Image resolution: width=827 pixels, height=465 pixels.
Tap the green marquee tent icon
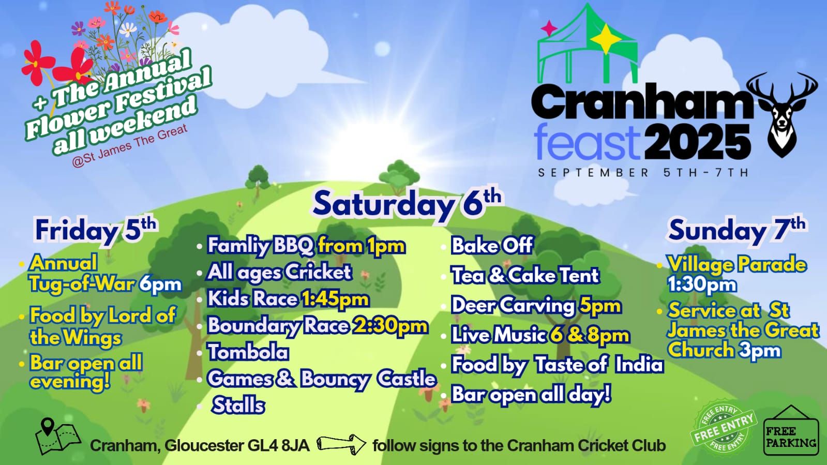coord(588,44)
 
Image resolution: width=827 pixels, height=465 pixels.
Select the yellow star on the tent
coord(606,39)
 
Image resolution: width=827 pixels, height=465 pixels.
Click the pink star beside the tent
coord(549,28)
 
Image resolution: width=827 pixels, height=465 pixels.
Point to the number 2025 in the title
coord(698,142)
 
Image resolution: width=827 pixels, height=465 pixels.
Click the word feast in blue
coord(587,142)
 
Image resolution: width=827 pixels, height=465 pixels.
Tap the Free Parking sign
coord(791,431)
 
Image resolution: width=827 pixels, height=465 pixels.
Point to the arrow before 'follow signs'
coord(341,444)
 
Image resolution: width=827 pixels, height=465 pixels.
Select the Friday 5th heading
coord(96,230)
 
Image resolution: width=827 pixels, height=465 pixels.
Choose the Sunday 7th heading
coord(736,230)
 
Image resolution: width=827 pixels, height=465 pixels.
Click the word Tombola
coord(248,352)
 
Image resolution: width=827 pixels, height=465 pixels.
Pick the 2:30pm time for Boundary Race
coord(390,326)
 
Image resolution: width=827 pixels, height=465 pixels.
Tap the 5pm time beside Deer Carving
coord(600,306)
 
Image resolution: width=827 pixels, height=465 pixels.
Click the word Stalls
coord(238,405)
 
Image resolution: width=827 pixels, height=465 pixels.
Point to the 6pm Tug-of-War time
coord(161,285)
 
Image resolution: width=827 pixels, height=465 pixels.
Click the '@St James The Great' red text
coord(130,146)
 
